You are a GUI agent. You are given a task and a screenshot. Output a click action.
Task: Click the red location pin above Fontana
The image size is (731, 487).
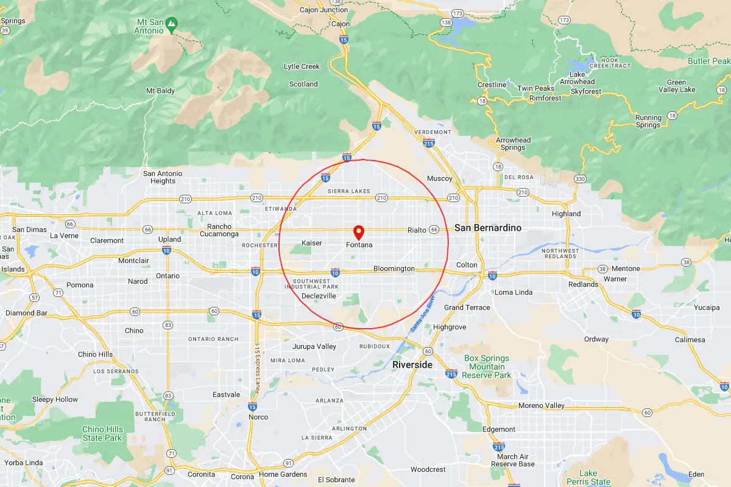click(359, 232)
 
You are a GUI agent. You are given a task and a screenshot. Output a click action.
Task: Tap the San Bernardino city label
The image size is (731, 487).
click(488, 228)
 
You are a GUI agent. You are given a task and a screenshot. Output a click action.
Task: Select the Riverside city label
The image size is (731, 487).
click(412, 365)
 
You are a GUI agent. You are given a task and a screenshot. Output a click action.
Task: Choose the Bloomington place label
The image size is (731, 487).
click(394, 268)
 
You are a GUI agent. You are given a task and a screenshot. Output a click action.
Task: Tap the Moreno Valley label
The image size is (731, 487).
click(542, 405)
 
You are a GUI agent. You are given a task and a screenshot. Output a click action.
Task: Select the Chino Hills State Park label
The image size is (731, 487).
click(102, 433)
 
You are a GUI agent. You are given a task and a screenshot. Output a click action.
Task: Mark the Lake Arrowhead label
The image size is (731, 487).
click(577, 78)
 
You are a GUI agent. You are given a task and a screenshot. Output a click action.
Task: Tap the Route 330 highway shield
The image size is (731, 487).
click(580, 179)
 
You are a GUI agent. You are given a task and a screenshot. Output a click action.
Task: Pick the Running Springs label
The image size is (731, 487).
click(648, 121)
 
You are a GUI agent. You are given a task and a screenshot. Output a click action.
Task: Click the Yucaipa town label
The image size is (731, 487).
click(706, 307)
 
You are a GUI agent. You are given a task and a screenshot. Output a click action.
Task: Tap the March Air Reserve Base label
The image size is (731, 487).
click(512, 460)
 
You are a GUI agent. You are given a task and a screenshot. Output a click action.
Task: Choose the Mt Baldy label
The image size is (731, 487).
click(160, 91)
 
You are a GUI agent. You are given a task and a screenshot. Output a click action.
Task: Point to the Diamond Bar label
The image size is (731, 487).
click(26, 313)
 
